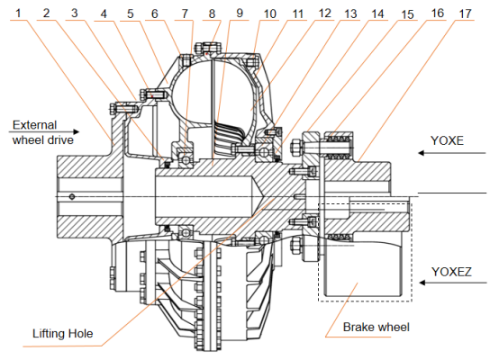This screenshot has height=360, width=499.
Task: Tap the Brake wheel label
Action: click(x=375, y=328)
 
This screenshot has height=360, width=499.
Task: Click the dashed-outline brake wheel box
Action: click(x=365, y=252)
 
